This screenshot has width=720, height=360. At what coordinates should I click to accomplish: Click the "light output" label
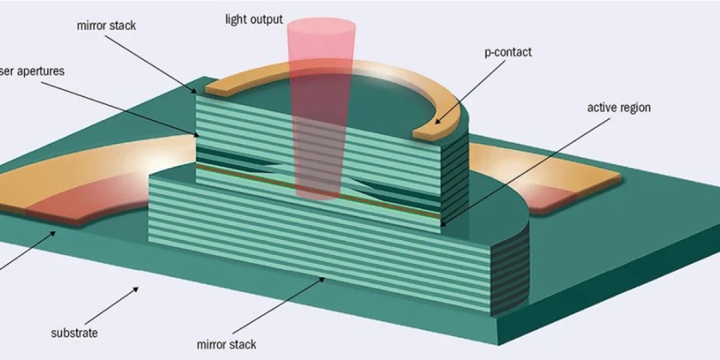[254, 20]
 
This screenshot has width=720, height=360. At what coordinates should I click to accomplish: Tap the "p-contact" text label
[508, 52]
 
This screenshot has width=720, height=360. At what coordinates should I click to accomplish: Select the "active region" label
[619, 108]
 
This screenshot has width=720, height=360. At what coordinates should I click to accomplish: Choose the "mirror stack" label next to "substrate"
[226, 344]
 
